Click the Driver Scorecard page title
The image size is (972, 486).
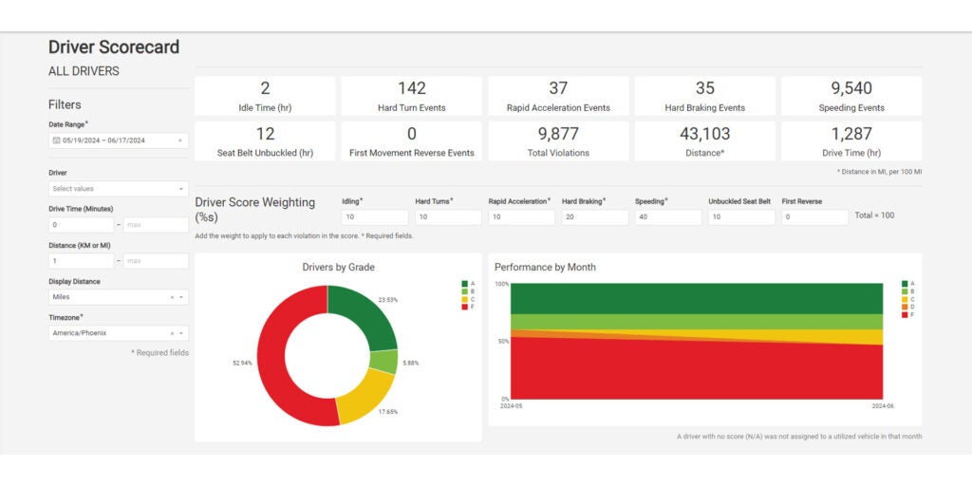point(114,47)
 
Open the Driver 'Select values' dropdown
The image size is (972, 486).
point(118,189)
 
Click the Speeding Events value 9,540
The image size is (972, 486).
point(851,88)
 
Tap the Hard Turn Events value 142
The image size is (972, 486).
point(412,88)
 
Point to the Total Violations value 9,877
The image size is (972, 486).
point(558,134)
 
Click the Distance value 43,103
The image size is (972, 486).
point(704,134)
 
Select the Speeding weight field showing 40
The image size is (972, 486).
point(668,217)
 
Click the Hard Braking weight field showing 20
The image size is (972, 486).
point(594,217)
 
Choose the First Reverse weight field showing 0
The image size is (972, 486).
point(814,217)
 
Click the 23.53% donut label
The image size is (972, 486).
point(386,300)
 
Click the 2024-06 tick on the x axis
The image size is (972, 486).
point(882,405)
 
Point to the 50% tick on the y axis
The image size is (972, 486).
point(502,341)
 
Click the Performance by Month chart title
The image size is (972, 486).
point(545,268)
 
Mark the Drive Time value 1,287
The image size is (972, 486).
point(851,134)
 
